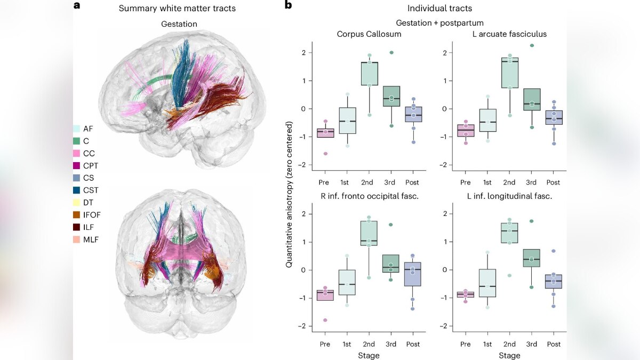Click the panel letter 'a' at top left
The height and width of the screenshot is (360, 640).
77,6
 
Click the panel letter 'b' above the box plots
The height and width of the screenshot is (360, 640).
288,6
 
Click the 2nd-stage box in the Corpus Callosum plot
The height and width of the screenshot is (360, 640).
369,74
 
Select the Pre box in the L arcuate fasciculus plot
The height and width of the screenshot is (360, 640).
466,130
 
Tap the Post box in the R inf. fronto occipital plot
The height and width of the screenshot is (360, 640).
412,274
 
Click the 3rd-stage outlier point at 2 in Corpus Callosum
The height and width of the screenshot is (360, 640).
391,52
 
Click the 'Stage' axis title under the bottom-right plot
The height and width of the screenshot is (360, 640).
509,355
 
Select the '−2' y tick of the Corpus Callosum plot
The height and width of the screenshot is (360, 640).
305,165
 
